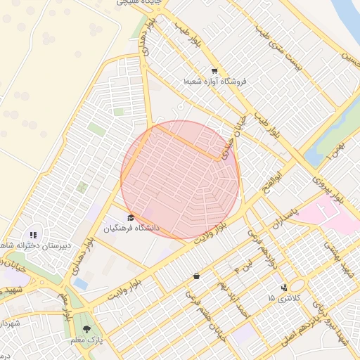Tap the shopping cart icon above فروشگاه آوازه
pos(214,70)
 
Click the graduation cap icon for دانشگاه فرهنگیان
pos(131,217)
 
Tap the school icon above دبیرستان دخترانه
pos(32,235)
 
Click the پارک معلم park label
pos(86,340)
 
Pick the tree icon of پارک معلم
pos(86,328)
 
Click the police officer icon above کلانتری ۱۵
pos(284,287)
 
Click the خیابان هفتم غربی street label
pos(203,312)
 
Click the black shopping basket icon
pos(196,276)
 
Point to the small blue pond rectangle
pos(81,283)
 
